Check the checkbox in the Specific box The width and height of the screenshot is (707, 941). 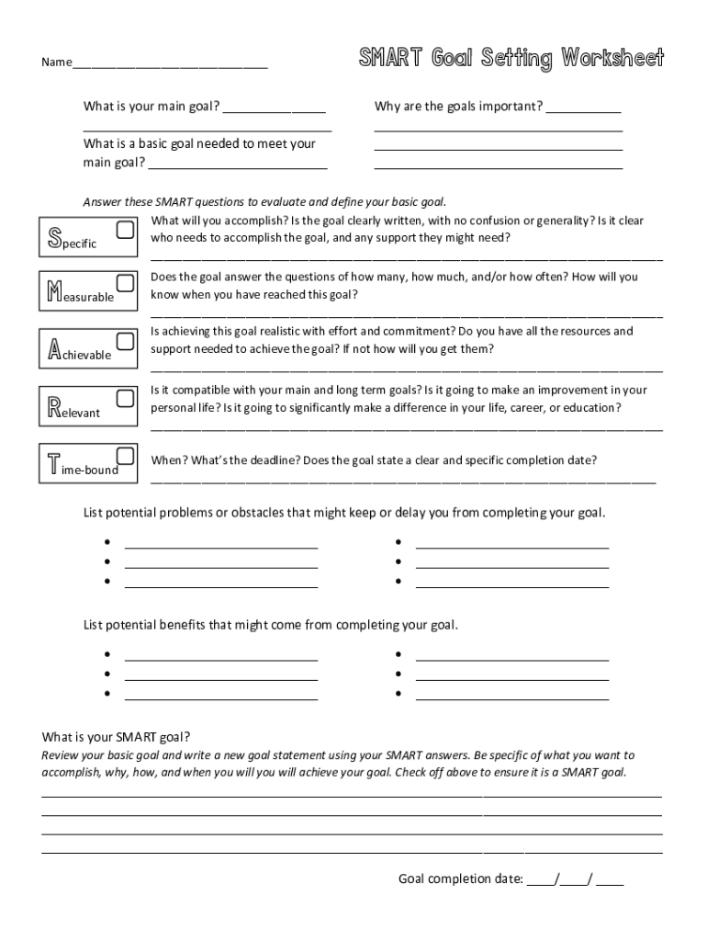click(x=126, y=228)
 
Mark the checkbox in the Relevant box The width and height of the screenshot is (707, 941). click(x=126, y=398)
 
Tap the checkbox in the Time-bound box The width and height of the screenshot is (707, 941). click(x=126, y=455)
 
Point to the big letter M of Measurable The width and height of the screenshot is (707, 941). click(x=55, y=293)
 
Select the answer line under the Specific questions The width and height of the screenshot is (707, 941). click(x=406, y=260)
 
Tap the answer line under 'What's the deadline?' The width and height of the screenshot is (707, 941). click(x=403, y=481)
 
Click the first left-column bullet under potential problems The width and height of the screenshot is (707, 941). click(x=107, y=541)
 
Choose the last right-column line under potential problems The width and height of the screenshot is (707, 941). click(x=512, y=585)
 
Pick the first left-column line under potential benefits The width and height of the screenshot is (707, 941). click(x=221, y=659)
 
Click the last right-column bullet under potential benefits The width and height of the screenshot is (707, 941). click(x=398, y=694)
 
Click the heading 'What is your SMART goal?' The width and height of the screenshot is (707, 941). click(x=117, y=737)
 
